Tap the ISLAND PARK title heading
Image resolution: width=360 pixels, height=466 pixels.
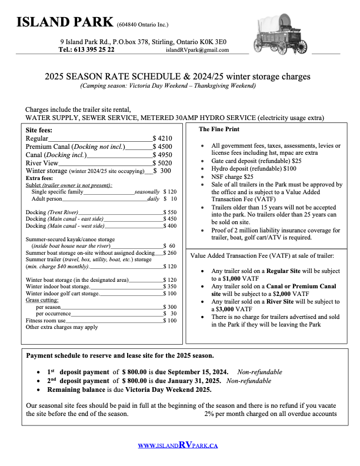point(65,22)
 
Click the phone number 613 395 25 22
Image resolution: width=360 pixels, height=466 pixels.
point(94,50)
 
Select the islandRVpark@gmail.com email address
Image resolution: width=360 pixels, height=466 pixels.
point(197,50)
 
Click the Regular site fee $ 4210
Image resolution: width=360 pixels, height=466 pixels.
point(162,138)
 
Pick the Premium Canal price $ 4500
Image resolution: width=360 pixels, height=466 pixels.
point(162,147)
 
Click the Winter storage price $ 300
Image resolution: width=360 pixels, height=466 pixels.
point(162,171)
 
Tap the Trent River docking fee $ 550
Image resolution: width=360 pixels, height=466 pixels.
point(169,212)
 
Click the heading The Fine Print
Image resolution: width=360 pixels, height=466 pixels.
point(219,129)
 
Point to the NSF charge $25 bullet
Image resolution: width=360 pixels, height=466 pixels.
point(232,176)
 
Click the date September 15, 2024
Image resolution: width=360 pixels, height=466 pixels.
point(194,372)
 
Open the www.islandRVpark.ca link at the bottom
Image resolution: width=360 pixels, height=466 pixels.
point(178,445)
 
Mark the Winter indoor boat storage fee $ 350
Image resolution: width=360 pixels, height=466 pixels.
point(169,286)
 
